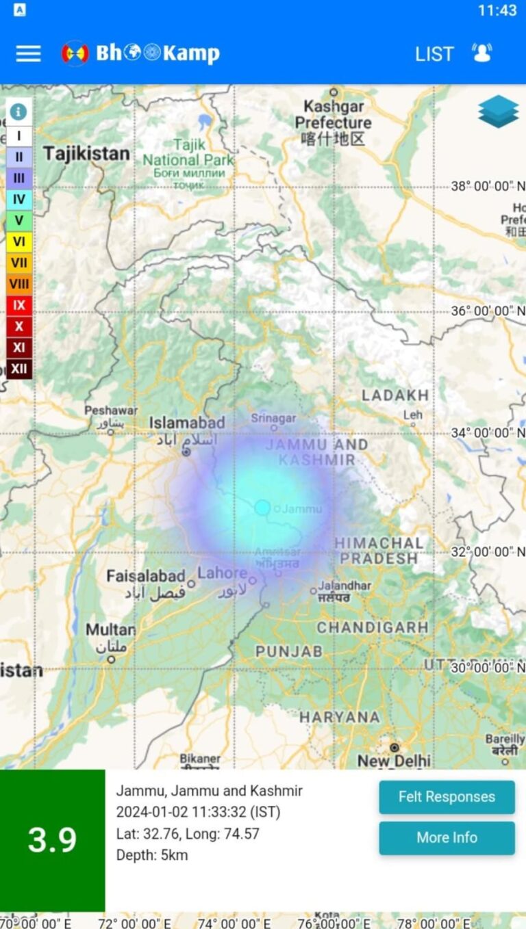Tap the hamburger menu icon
click(x=28, y=53)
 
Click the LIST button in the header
click(x=434, y=54)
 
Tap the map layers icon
click(x=498, y=112)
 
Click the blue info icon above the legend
click(x=18, y=112)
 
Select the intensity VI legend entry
click(x=19, y=241)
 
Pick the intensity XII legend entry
click(x=19, y=369)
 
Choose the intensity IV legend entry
click(x=19, y=200)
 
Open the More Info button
click(x=447, y=837)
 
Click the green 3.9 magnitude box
click(x=53, y=840)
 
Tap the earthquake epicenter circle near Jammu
click(x=262, y=508)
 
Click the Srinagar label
click(x=273, y=418)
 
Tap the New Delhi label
click(x=394, y=760)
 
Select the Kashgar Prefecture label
click(x=334, y=123)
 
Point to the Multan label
click(x=110, y=629)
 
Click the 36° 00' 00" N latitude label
click(x=487, y=311)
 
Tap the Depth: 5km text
click(x=151, y=855)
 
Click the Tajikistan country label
click(x=86, y=154)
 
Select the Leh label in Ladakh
click(x=413, y=415)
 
